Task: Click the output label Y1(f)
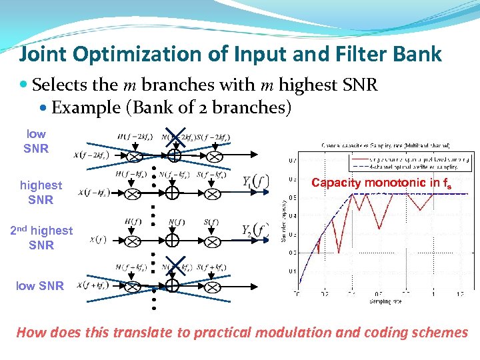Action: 255,181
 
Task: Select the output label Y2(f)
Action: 255,231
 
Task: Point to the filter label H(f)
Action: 132,221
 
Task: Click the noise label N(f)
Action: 177,221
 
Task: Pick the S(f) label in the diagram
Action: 211,221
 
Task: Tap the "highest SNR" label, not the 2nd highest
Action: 41,192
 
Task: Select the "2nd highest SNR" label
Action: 41,237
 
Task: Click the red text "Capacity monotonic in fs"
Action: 381,183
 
